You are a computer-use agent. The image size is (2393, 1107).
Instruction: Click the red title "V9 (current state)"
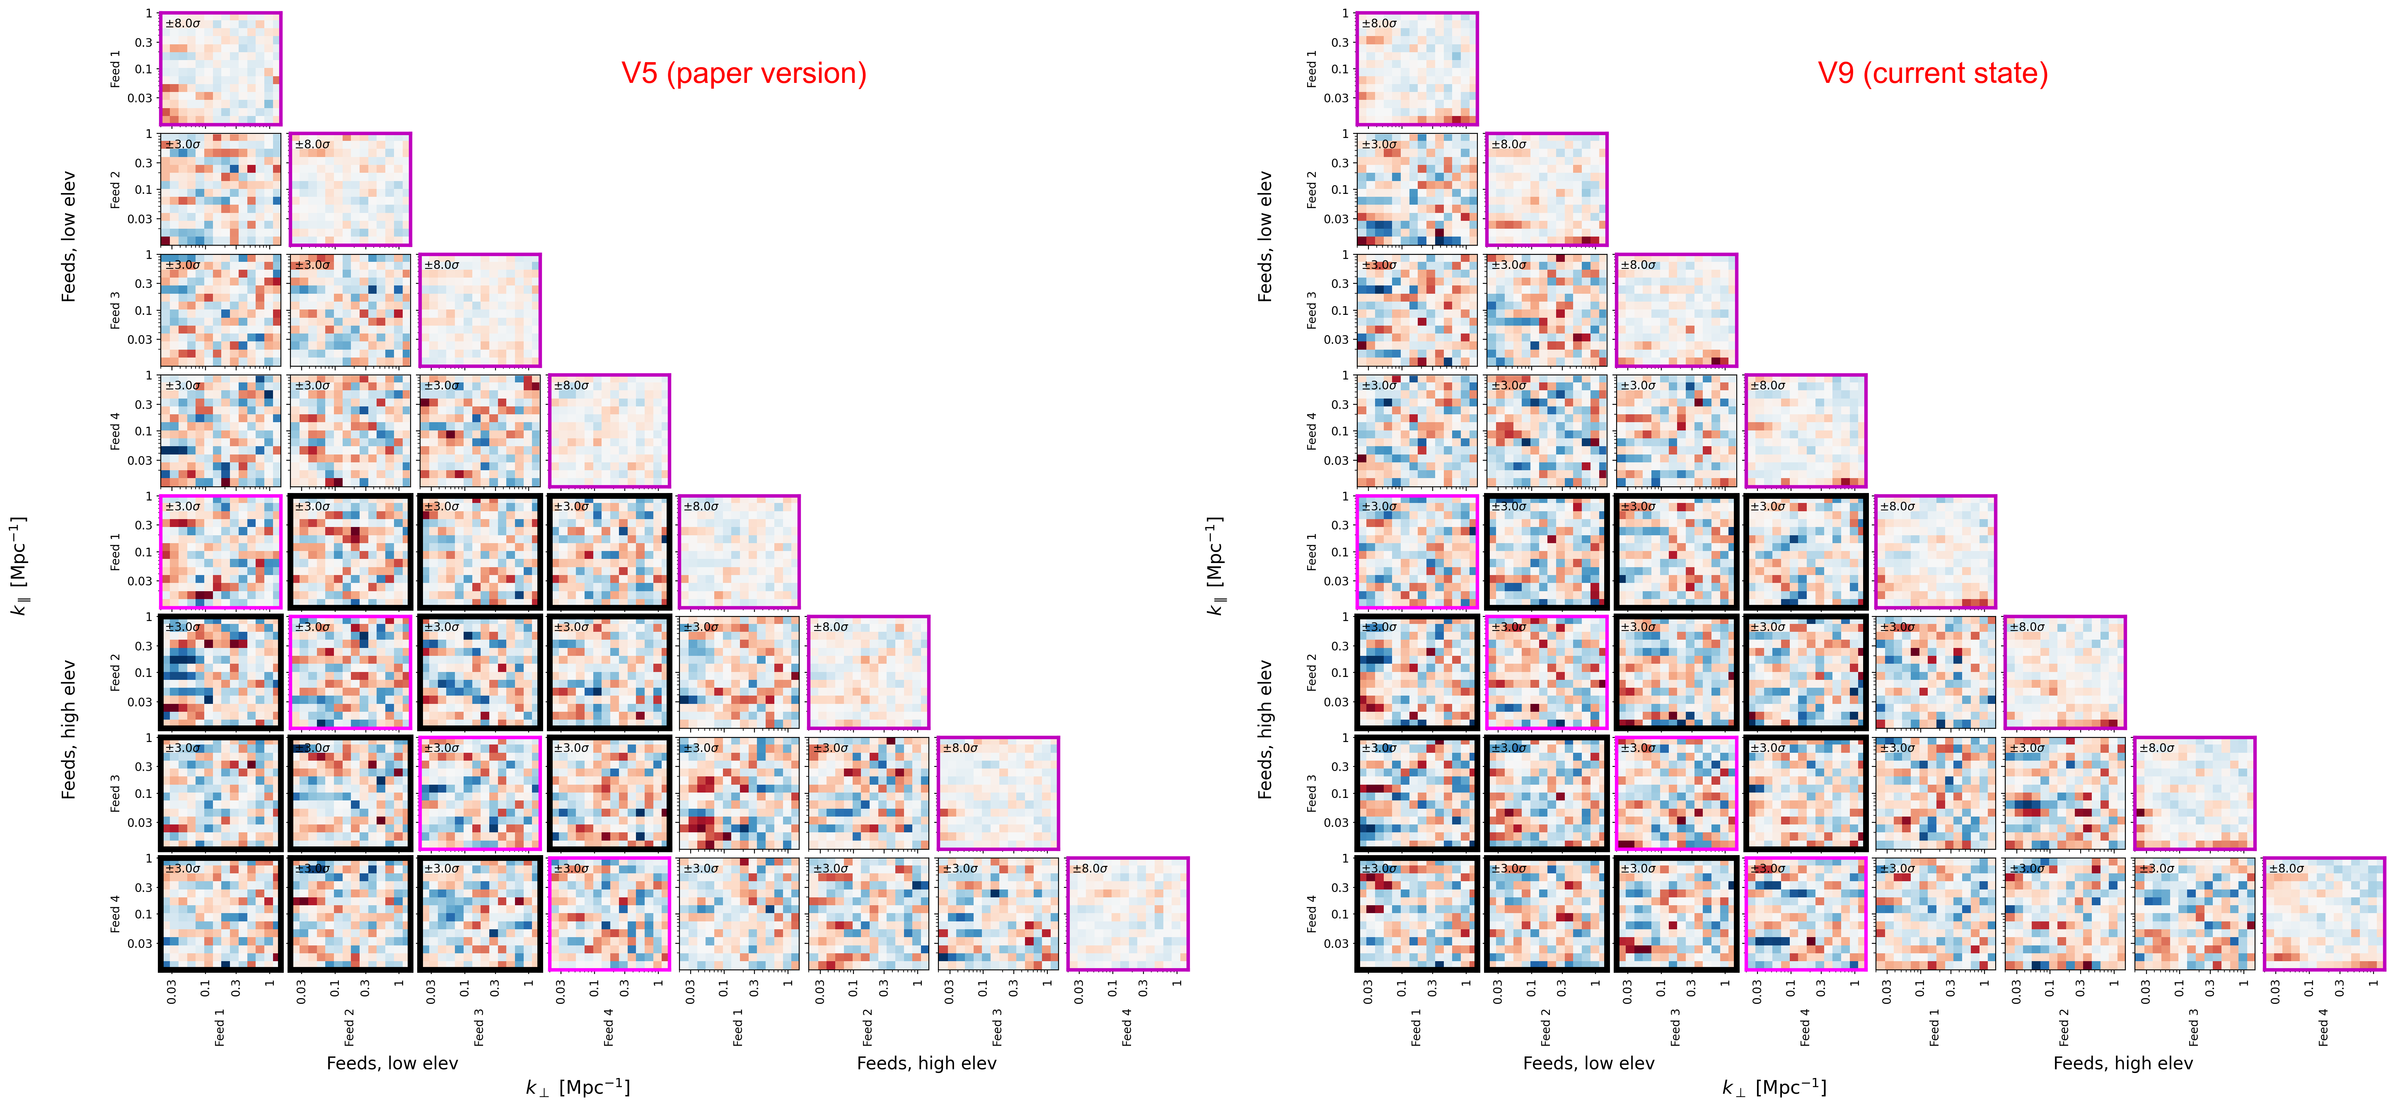[1932, 73]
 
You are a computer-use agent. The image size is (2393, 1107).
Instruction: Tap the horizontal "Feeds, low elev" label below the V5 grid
[392, 1063]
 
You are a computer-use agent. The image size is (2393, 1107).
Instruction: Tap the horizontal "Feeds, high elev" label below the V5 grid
[926, 1063]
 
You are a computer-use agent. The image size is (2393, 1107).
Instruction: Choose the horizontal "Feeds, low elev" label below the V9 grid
[1588, 1063]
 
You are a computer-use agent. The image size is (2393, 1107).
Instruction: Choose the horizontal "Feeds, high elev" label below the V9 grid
[2123, 1063]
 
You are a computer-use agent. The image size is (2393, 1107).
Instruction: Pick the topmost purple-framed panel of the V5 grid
[220, 69]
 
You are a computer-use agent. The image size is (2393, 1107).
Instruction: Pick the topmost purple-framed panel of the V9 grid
[1416, 69]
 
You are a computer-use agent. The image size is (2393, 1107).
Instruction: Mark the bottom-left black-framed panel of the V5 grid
[220, 914]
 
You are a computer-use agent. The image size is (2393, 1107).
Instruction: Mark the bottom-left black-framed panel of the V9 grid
[1416, 914]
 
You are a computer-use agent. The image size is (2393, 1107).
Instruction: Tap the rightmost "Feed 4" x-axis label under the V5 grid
[1127, 1027]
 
